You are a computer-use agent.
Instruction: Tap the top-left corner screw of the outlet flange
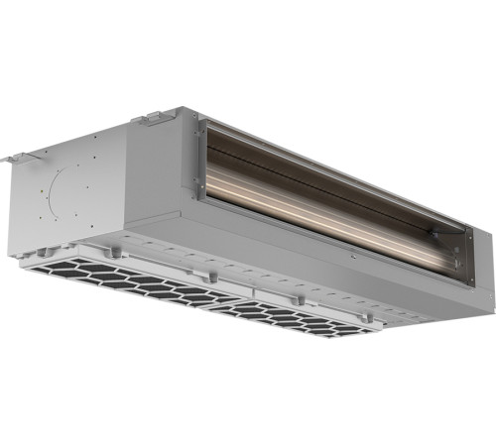click(x=202, y=126)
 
